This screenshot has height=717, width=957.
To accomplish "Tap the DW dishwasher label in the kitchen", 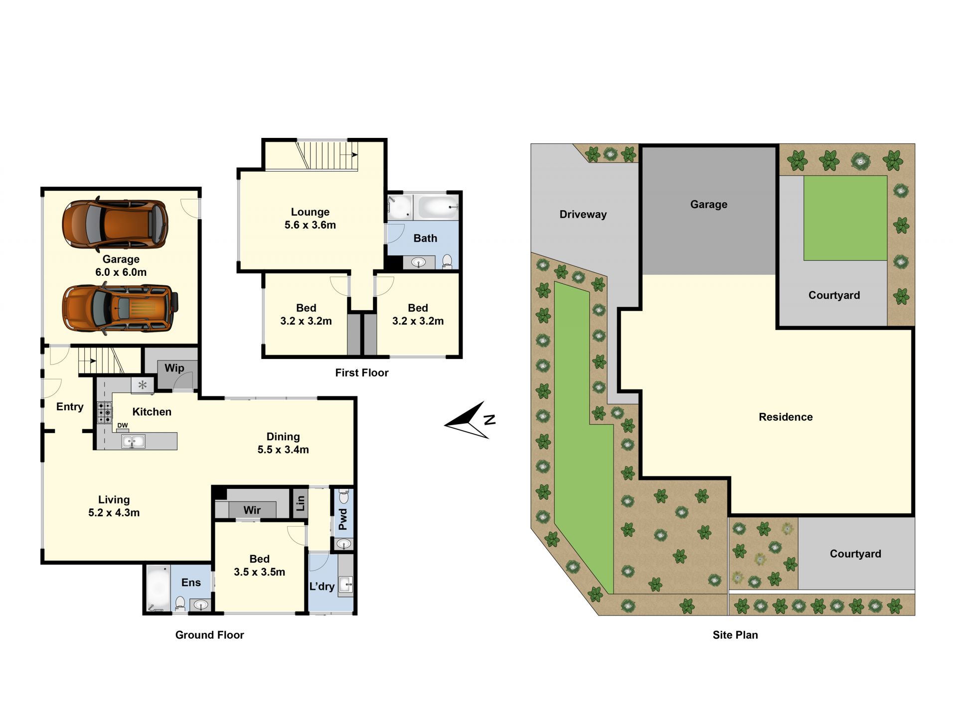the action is (x=123, y=425).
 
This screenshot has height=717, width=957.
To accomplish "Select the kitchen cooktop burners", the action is (x=105, y=413).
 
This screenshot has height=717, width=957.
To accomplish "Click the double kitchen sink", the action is (x=134, y=441).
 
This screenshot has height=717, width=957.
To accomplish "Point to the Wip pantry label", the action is (x=174, y=368).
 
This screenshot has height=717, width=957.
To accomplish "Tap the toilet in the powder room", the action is (x=344, y=497).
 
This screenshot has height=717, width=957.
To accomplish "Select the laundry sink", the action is (x=346, y=584).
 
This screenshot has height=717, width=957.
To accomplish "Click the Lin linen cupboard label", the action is (x=300, y=503).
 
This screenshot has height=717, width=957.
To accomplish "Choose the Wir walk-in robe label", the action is (x=252, y=510).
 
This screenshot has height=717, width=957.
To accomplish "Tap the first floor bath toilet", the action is (x=447, y=261).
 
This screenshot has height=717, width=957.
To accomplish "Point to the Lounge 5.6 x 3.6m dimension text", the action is (x=310, y=219).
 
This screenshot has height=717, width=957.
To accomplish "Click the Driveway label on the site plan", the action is (x=583, y=215).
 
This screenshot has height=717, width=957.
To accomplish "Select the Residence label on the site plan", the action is (x=786, y=417).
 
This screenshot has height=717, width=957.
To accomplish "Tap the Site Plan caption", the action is (x=735, y=635).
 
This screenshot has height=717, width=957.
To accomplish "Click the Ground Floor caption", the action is (x=210, y=635).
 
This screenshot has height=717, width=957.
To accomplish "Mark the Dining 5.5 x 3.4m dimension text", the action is (x=283, y=443).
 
